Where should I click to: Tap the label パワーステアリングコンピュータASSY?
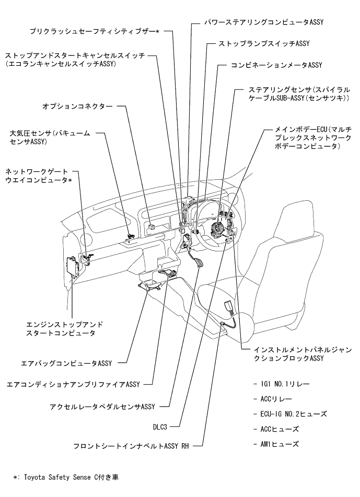pyautogui.click(x=258, y=24)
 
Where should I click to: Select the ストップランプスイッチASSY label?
pyautogui.click(x=257, y=44)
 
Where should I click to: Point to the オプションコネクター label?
pyautogui.click(x=77, y=106)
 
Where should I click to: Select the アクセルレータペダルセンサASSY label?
pyautogui.click(x=103, y=406)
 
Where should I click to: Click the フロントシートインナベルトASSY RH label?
pyautogui.click(x=131, y=447)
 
